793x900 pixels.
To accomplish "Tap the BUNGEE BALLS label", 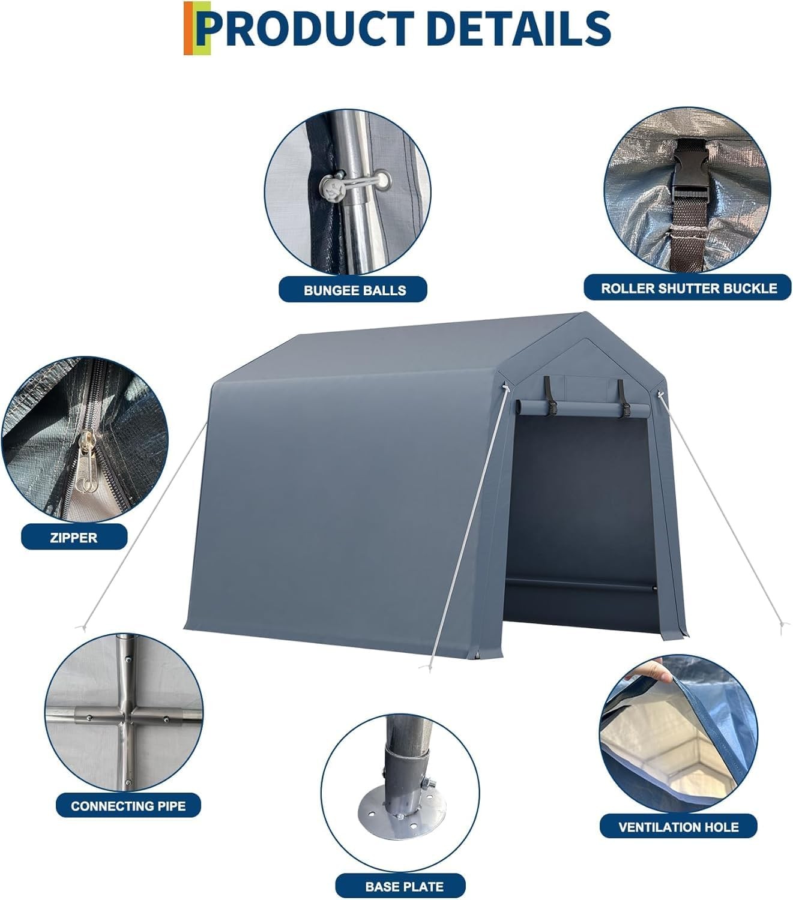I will pyautogui.click(x=354, y=290).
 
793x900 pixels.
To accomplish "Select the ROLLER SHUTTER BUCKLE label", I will pyautogui.click(x=689, y=289).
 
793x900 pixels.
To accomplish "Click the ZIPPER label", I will pyautogui.click(x=74, y=538).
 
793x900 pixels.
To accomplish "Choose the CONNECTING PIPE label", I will pyautogui.click(x=128, y=806).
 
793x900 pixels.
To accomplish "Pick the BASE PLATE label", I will pyautogui.click(x=404, y=886).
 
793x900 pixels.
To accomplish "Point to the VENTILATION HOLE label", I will pyautogui.click(x=678, y=827).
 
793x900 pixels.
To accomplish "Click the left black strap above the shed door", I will pyautogui.click(x=549, y=397).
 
